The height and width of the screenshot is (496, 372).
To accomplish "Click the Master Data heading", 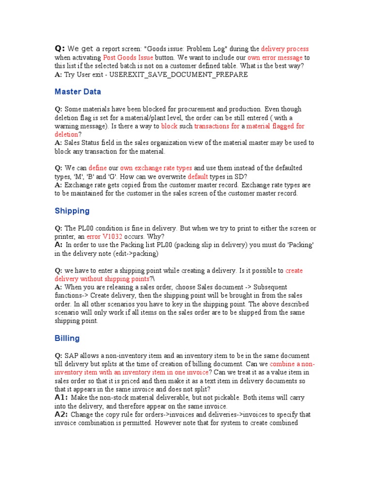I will [x=78, y=92].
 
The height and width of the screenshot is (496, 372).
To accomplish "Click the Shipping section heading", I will [x=72, y=211].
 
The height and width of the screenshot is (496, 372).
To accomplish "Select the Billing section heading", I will [x=67, y=338].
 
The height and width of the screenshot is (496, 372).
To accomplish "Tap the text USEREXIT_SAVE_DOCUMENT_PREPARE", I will [x=179, y=75].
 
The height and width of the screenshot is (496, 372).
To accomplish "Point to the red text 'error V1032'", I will [x=104, y=237].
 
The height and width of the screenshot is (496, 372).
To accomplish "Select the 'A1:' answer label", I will [x=62, y=398].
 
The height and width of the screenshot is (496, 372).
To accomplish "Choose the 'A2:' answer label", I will [x=62, y=415].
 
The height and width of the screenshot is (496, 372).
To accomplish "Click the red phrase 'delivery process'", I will [x=285, y=49].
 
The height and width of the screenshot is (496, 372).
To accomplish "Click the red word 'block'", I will [x=169, y=126].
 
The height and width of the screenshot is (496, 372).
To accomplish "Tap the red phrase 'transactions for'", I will [x=217, y=126].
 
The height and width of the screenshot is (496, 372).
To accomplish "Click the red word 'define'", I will [x=97, y=168].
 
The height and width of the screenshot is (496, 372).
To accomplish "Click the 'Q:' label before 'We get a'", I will [x=60, y=48].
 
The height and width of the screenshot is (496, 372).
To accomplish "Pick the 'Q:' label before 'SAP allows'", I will [x=59, y=356].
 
